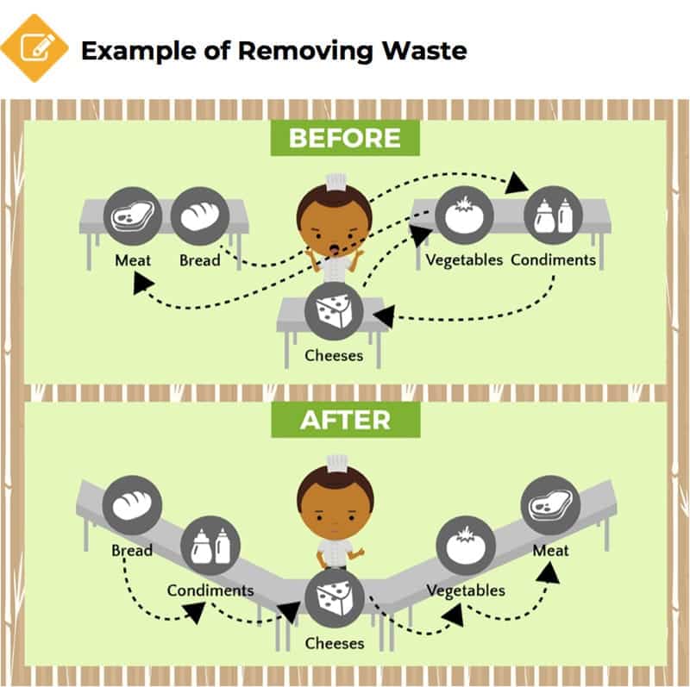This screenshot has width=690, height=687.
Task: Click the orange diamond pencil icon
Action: pos(34,48)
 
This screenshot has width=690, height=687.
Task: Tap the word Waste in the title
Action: pos(424,51)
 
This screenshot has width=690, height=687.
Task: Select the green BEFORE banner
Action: pos(345,138)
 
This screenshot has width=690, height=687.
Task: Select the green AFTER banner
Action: pos(346,420)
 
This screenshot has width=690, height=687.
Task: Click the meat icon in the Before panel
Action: pos(133,216)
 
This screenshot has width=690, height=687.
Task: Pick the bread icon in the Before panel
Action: pos(200,216)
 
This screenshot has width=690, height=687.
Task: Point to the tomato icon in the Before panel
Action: pos(464,215)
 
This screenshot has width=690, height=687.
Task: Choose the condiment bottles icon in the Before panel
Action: pos(553,215)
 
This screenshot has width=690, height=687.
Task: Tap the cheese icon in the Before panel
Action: pos(334,311)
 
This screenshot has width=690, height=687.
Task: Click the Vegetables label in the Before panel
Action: pos(464,260)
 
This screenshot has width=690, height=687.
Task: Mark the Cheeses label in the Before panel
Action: pos(334,355)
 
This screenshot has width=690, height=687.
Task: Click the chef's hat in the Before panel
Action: pos(336,182)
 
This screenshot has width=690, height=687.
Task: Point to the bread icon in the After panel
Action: pos(132,505)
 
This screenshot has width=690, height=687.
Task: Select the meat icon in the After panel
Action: pos(550,505)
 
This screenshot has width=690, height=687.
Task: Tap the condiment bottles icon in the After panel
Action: pos(210,546)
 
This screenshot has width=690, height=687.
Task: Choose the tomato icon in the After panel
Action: pos(466,546)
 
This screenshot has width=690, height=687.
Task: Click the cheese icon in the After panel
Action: pos(335,599)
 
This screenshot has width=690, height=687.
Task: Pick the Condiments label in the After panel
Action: pos(210,590)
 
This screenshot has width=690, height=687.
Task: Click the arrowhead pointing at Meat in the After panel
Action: pos(549,573)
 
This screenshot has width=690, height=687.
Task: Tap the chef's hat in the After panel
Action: pos(337,464)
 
